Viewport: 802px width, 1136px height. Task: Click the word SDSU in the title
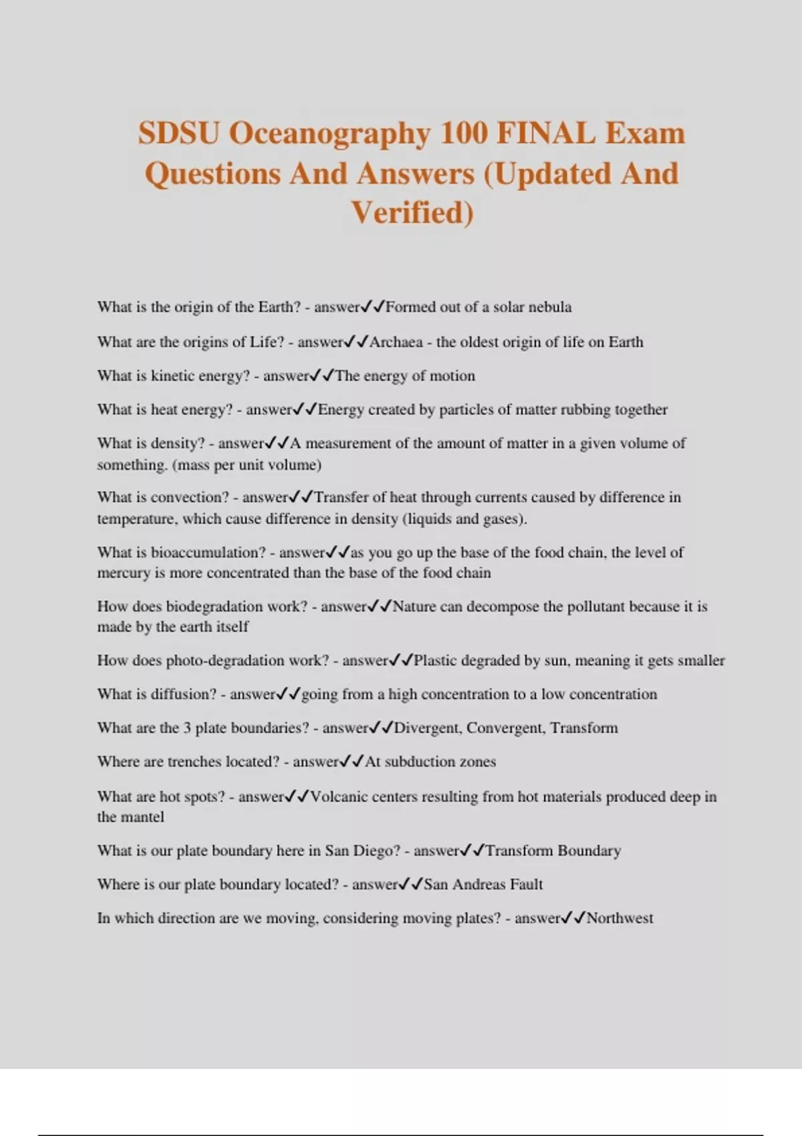coord(178,134)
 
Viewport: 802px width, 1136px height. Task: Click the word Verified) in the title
coord(412,213)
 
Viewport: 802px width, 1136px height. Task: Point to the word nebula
coord(551,307)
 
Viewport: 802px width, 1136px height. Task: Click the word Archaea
coord(396,342)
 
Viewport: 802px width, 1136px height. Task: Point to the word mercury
coord(124,573)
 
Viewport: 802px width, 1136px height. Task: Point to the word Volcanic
coord(338,797)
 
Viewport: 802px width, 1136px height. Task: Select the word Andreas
coord(479,885)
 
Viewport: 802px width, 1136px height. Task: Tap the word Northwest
coord(620,918)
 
